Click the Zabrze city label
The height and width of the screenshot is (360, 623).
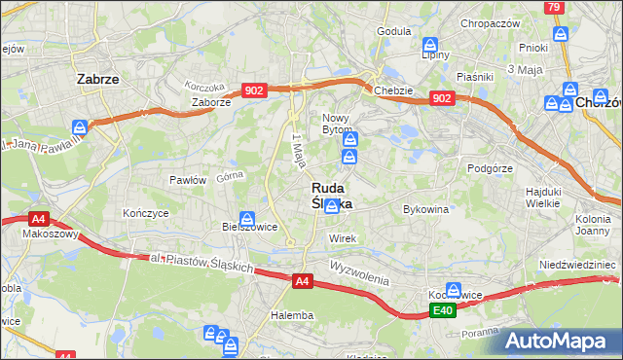[x=97, y=81]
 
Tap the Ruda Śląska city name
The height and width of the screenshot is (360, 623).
[x=333, y=196]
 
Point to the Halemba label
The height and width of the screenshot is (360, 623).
[x=292, y=315]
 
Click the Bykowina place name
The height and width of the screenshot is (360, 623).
[x=425, y=208]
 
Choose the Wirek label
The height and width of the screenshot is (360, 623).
[x=344, y=238]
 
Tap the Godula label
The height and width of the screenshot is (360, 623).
[x=394, y=31]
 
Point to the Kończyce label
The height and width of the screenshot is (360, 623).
[x=146, y=212]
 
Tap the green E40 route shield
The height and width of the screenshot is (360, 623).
[x=443, y=310]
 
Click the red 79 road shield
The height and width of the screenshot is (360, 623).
[x=554, y=8]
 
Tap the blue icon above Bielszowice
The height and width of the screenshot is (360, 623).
[x=248, y=220]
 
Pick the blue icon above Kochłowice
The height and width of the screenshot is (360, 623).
[x=453, y=289]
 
